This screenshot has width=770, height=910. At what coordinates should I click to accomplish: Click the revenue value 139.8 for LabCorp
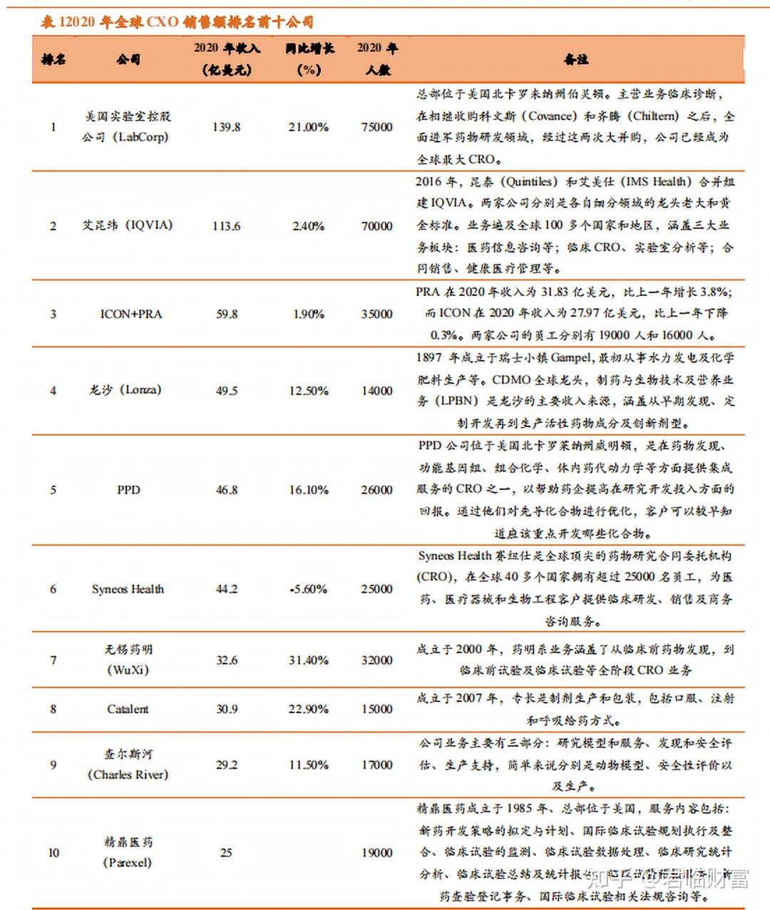[x=227, y=127]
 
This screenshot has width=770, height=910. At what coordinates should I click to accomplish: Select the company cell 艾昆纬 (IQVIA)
[x=128, y=225]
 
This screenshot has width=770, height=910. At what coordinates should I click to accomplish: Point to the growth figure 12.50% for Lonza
[x=309, y=391]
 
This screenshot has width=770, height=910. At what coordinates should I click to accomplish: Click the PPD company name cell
[x=128, y=490]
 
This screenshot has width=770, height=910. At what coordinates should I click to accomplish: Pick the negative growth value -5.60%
[x=309, y=589]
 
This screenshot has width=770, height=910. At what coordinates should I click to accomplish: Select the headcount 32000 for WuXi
[x=376, y=660]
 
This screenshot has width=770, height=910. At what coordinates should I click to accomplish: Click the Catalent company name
[x=128, y=709]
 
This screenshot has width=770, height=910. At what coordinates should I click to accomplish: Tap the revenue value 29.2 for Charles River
[x=227, y=765]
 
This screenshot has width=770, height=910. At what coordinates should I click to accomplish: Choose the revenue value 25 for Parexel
[x=226, y=852]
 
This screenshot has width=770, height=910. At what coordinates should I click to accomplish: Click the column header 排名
[x=53, y=59]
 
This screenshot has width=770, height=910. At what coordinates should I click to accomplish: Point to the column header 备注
[x=576, y=59]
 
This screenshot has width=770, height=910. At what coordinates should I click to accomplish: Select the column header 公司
[x=128, y=59]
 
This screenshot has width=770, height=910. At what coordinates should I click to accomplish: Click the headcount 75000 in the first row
[x=376, y=127]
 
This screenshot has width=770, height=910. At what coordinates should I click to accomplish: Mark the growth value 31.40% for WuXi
[x=309, y=660]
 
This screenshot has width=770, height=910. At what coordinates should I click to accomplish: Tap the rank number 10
[x=53, y=852]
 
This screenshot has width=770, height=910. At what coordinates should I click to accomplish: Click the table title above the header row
[x=177, y=22]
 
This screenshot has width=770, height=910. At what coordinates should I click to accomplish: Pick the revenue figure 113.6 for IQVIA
[x=227, y=226]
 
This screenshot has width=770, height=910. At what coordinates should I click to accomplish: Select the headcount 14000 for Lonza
[x=376, y=391]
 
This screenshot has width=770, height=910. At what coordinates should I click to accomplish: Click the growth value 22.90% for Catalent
[x=309, y=709]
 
